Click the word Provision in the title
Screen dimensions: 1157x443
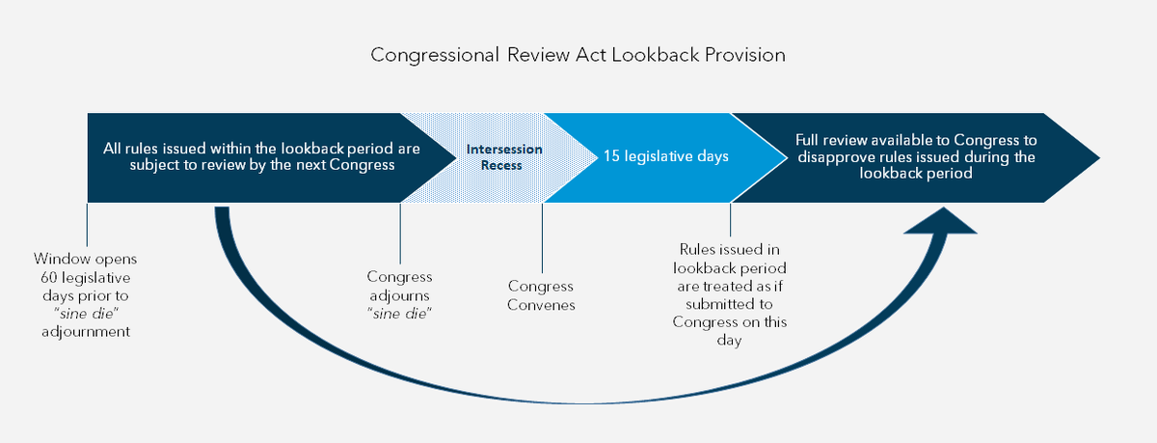coord(743,55)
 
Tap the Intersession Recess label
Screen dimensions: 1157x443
coord(504,157)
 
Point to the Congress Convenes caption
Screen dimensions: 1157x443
coord(541,295)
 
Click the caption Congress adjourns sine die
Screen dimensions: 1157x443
coord(399,295)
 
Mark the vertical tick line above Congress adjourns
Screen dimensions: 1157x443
coord(399,232)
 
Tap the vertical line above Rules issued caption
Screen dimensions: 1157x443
coord(731,220)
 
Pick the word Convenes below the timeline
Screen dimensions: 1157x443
coord(541,305)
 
